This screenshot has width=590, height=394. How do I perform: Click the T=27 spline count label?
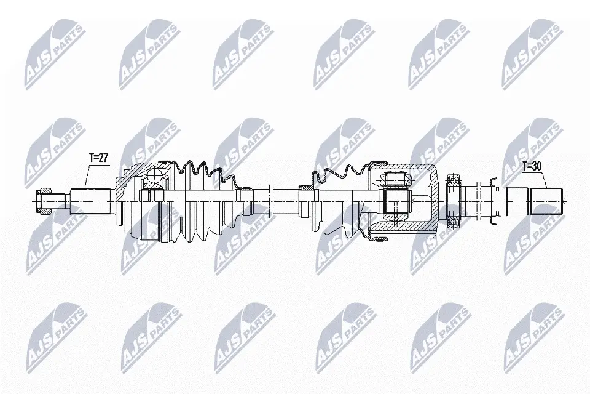tap(98, 158)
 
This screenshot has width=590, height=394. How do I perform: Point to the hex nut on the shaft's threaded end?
tap(43, 202)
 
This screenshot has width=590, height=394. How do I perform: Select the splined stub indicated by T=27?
tap(91, 201)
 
